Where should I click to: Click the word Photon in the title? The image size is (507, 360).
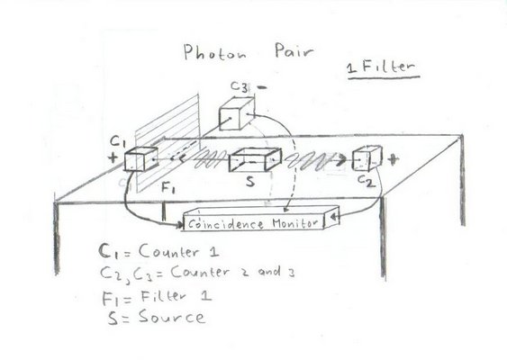pos(214,53)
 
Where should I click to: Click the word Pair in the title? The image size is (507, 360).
pos(294,51)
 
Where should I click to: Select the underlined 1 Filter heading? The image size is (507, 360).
pos(383,68)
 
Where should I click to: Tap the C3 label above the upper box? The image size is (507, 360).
pos(239,86)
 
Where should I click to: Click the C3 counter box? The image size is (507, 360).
pos(237,114)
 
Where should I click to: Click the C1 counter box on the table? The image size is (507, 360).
pos(141,158)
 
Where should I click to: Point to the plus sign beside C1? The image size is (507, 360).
pos(113,157)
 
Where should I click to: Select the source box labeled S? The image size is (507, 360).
pos(255,159)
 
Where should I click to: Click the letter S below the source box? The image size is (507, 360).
pos(250,181)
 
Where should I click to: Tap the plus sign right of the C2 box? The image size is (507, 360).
pos(393,159)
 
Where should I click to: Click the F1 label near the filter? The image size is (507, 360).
pos(168,187)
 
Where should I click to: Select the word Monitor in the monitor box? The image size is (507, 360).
pos(294,222)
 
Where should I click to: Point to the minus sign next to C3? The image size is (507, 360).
pos(262,87)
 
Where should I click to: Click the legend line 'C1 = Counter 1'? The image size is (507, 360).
pos(159,251)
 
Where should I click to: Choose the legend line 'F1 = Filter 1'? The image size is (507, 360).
pos(158,297)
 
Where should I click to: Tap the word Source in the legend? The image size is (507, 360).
pos(172,317)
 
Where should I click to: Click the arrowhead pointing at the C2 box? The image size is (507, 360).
pos(340,160)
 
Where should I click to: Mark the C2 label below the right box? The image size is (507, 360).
pos(367,181)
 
